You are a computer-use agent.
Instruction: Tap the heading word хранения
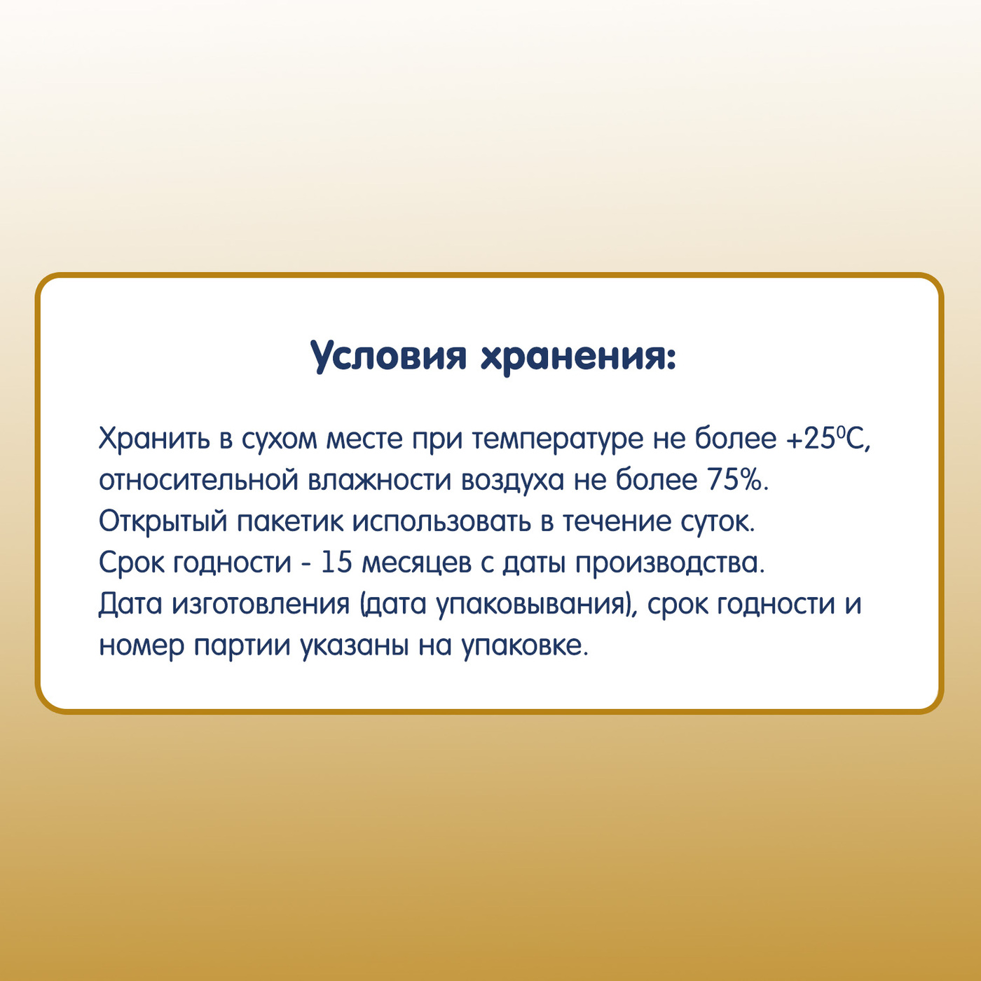(578, 358)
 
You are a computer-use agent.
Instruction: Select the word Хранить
(154, 438)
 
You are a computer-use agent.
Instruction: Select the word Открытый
(163, 523)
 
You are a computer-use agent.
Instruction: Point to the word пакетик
(290, 521)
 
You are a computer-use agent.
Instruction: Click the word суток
(718, 523)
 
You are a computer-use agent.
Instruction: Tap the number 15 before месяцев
(336, 563)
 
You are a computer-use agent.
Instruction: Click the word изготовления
(261, 605)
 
